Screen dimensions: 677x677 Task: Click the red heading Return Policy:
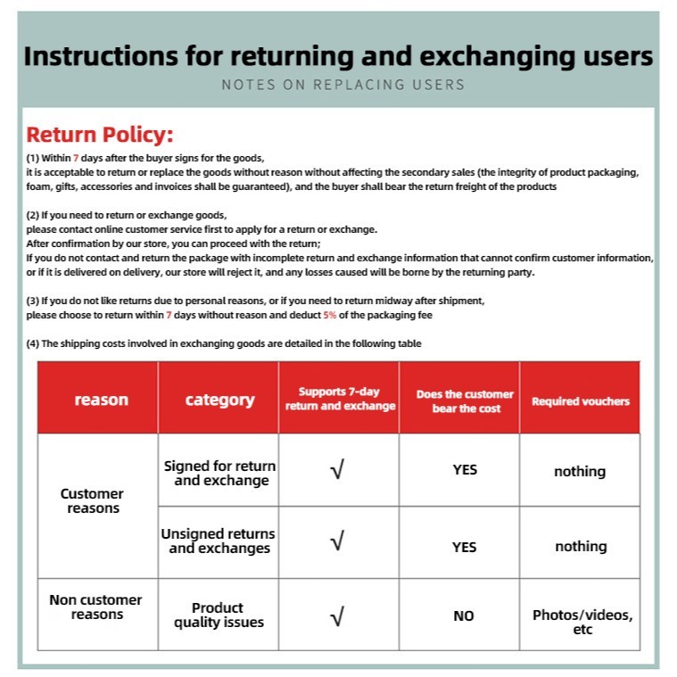coord(99,136)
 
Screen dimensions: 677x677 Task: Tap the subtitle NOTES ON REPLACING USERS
coord(343,85)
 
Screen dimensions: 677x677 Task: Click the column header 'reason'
coord(101,400)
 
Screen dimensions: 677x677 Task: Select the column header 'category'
coord(219,400)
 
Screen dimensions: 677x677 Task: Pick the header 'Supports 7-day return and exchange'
coord(340,399)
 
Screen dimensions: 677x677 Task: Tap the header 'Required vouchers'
coord(581,401)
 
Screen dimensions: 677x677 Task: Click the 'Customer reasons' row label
coord(92,500)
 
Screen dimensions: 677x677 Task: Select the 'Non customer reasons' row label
coord(95,607)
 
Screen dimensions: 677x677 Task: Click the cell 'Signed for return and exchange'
coord(219,473)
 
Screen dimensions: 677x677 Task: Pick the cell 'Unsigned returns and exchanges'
coord(219,541)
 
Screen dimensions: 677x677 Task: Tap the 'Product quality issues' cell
coord(219,615)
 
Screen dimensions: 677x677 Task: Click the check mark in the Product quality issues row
coord(337,615)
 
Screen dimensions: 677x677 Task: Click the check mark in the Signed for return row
coord(337,470)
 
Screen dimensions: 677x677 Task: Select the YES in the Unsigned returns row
coord(464,547)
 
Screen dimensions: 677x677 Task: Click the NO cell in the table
coord(464,615)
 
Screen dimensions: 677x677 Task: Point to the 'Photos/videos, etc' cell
coord(582,622)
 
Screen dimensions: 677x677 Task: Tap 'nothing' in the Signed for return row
coord(580,471)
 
